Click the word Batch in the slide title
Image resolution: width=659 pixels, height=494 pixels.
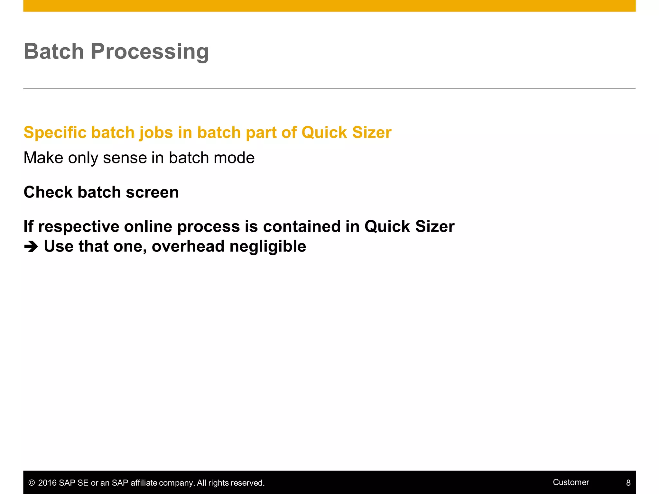(54, 51)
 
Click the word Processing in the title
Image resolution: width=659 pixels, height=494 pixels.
(150, 51)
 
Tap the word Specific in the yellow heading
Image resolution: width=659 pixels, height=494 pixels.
(54, 133)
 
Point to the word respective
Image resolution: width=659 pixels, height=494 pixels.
(79, 227)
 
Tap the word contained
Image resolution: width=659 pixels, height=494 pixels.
(302, 227)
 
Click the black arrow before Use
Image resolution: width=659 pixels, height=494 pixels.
(31, 247)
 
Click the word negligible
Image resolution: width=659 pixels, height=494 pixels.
(268, 246)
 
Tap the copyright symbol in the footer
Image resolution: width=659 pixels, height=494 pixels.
(32, 483)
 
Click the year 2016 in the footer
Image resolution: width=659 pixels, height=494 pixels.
(47, 483)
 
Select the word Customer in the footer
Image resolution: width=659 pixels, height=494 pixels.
(571, 482)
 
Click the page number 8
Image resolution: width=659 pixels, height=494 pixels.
(628, 483)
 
